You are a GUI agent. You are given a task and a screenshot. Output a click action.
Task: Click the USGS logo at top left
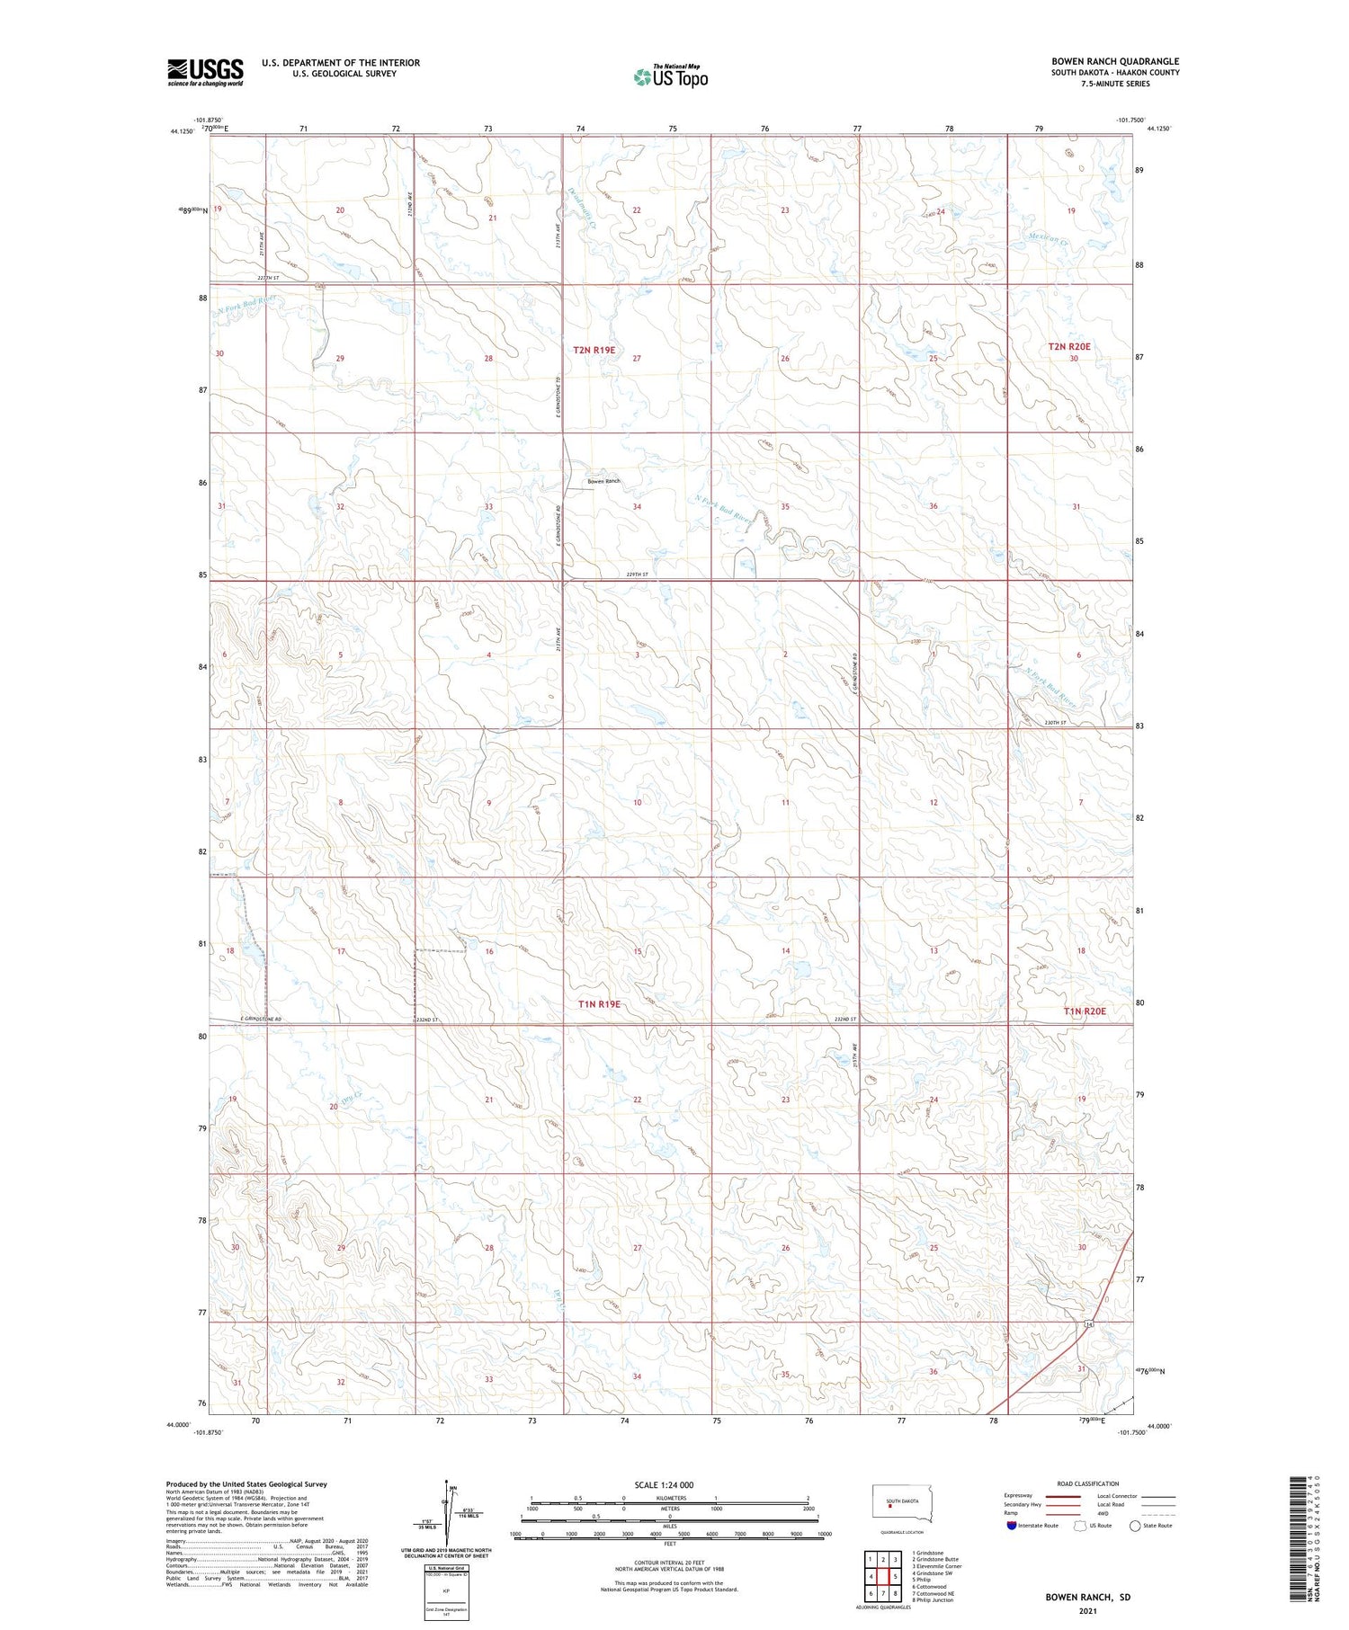(x=205, y=72)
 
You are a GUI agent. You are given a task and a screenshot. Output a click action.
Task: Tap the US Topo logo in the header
(x=670, y=76)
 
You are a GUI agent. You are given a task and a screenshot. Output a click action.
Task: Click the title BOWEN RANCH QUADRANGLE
(x=1115, y=61)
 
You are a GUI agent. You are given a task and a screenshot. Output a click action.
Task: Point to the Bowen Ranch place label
(x=603, y=481)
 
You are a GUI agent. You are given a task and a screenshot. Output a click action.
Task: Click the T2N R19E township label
(x=594, y=349)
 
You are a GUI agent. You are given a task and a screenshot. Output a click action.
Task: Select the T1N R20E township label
(x=1085, y=1011)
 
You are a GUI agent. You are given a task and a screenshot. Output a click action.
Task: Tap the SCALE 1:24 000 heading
(x=664, y=1484)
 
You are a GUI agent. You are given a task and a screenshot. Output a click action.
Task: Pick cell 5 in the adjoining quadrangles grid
(x=895, y=1576)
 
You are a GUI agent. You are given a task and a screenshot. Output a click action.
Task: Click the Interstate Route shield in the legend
(x=1011, y=1526)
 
